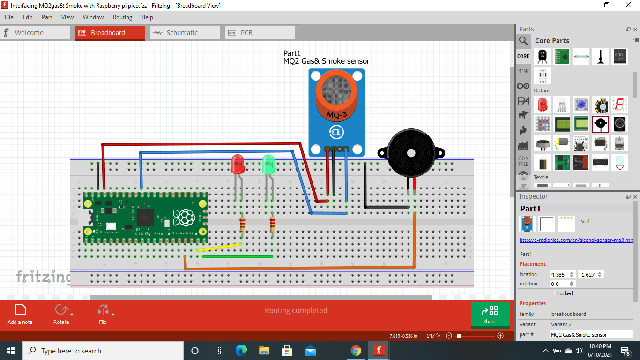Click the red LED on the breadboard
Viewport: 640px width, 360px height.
click(238, 165)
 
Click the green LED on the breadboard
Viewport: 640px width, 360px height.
click(268, 165)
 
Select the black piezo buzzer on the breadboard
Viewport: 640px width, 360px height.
click(411, 153)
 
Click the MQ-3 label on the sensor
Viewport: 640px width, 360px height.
click(336, 115)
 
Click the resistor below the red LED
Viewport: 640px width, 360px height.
click(242, 225)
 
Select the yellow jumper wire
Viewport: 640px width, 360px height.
click(219, 247)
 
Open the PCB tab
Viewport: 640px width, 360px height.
click(246, 33)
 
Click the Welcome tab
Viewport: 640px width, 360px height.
click(29, 33)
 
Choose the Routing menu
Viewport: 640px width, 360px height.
click(122, 17)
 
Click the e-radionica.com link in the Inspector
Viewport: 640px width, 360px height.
click(576, 240)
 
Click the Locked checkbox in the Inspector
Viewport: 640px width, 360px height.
click(553, 293)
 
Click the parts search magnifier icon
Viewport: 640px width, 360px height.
click(523, 41)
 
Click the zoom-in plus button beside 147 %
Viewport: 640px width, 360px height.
click(500, 336)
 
